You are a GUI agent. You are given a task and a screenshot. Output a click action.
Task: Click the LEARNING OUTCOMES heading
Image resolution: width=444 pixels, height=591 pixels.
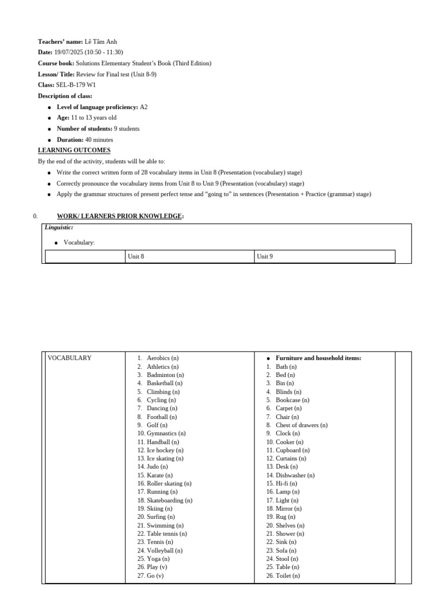[x=74, y=151]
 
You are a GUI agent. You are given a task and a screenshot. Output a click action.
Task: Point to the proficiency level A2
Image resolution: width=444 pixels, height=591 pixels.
[x=143, y=107]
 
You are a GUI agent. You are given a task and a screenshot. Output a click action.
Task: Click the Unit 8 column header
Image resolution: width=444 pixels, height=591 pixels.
[x=136, y=256]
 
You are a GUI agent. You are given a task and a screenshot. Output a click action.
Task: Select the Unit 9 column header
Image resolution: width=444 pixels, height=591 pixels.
[x=265, y=256]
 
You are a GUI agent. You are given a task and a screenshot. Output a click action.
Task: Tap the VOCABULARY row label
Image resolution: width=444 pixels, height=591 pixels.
[x=69, y=358]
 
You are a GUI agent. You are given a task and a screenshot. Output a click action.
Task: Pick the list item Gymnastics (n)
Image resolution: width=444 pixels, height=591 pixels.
[x=166, y=433]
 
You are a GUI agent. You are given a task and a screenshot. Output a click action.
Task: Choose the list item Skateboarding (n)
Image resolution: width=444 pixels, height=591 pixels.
[x=169, y=500]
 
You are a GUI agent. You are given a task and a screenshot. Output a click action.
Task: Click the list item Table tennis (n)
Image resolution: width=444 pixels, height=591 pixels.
[x=166, y=534]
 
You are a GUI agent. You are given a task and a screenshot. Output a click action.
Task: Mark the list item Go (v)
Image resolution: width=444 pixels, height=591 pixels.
[x=155, y=576]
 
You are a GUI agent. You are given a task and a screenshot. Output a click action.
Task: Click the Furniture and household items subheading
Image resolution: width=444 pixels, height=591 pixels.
[x=318, y=358]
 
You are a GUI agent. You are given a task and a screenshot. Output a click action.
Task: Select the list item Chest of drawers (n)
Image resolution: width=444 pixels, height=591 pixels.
[x=301, y=425]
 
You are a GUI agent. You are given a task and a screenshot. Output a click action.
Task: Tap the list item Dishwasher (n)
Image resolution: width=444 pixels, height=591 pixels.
[x=295, y=476]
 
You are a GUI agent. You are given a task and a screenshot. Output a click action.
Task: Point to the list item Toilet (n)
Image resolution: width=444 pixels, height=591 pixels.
[x=287, y=576]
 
